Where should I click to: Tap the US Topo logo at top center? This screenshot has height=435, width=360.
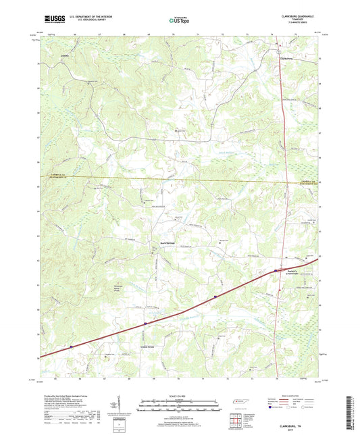(180, 20)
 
